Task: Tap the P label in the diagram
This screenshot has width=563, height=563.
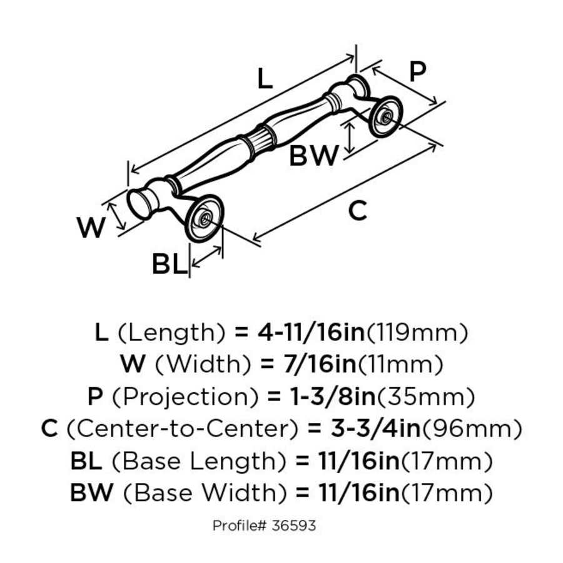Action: [417, 73]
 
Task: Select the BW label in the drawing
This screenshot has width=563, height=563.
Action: [313, 156]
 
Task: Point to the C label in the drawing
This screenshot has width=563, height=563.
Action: [357, 211]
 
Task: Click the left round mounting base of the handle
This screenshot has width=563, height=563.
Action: [204, 218]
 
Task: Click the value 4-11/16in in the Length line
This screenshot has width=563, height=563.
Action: [311, 332]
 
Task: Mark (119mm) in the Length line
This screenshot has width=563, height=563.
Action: [416, 332]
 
